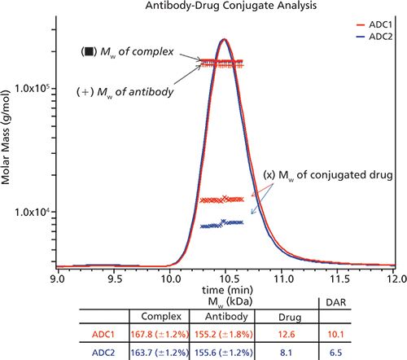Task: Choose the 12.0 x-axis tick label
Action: tap(395, 278)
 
